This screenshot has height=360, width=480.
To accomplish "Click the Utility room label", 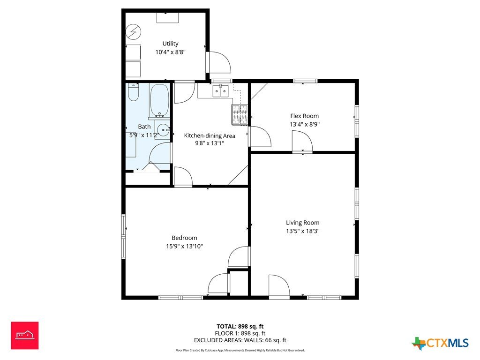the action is (170, 44).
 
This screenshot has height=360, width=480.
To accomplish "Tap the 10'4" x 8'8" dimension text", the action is (170, 52).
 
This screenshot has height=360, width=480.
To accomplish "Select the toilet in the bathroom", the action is (133, 92).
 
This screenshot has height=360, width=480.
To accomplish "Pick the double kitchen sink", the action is (221, 91).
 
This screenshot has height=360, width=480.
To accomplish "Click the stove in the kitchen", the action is (240, 115).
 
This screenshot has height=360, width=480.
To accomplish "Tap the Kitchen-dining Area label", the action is (210, 135).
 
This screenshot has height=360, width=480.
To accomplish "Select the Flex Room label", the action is (304, 116).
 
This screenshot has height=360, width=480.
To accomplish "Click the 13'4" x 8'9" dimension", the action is (305, 124).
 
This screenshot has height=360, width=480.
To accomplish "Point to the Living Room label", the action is (302, 223).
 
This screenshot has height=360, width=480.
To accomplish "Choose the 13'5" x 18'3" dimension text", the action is (302, 231).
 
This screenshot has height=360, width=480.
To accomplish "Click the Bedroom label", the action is (184, 238).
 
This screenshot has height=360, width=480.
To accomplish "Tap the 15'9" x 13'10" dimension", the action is (184, 246).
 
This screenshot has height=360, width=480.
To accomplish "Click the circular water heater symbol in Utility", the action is (134, 31).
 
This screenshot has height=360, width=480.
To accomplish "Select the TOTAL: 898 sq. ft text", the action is (240, 326).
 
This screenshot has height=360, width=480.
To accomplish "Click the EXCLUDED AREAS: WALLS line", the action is (240, 340).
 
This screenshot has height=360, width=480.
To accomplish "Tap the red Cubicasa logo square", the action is (25, 335).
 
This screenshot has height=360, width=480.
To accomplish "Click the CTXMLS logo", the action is (440, 343).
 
